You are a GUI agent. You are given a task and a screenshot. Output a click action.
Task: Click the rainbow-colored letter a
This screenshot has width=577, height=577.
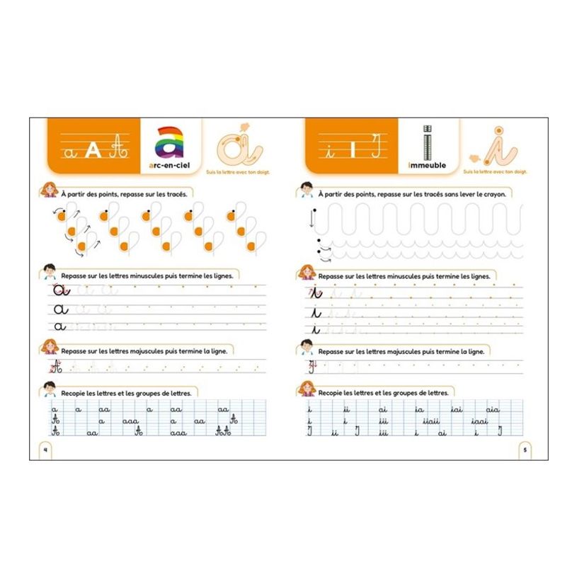[x=170, y=141]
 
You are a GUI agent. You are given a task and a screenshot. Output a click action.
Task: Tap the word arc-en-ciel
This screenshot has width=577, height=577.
[x=170, y=165]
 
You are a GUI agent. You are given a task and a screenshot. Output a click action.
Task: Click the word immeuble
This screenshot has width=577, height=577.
[x=428, y=165]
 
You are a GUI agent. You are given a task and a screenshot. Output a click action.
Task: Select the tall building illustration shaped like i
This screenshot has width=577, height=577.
[x=427, y=142]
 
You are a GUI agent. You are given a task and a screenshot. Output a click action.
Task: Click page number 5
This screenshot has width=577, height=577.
[x=525, y=449]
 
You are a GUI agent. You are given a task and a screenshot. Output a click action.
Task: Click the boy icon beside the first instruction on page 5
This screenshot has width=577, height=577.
[x=307, y=191]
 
